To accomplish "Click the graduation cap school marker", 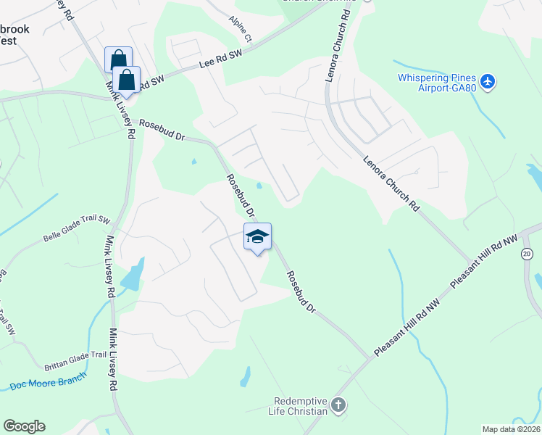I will coord(258,237).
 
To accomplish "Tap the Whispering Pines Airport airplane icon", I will coord(488,81).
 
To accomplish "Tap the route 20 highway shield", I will coord(527,253).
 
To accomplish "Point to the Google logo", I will coord(24,426).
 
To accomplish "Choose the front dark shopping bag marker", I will coord(127,80).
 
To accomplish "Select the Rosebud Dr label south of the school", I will coord(301,292).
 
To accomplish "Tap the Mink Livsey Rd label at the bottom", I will coord(113,361).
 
